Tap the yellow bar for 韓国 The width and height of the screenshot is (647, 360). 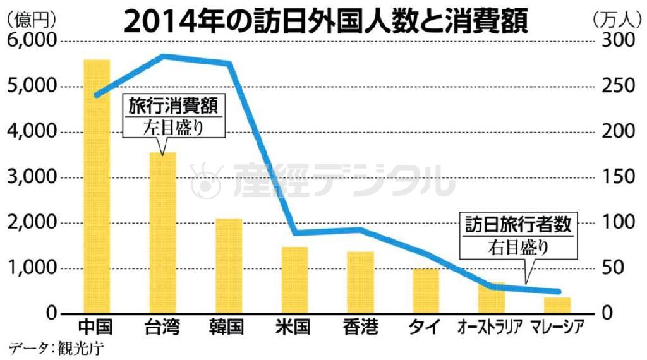coord(229,266)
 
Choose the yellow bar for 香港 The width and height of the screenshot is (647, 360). coord(360,282)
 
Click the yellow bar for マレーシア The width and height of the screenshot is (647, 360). coord(557,306)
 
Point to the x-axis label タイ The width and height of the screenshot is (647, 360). coord(426,327)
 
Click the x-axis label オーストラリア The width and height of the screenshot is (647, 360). coord(492,327)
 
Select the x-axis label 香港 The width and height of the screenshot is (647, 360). coord(360,327)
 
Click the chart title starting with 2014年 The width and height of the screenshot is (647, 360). coord(325,20)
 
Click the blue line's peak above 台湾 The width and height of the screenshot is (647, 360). coord(164,56)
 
